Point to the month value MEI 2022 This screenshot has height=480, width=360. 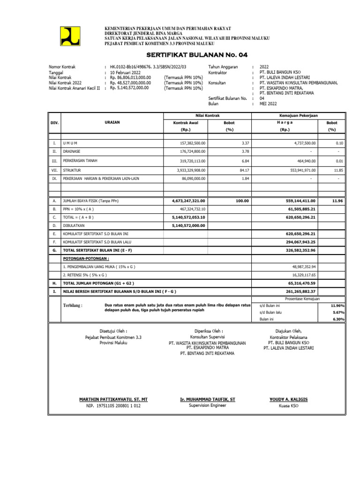click(269, 104)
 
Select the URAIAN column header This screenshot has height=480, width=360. click(112, 122)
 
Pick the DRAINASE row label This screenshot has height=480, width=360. click(73, 151)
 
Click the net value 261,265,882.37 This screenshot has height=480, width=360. click(299, 292)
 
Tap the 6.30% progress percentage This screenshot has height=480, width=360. click(338, 319)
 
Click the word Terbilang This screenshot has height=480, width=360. click(72, 306)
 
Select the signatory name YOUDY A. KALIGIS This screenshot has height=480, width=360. click(288, 399)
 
